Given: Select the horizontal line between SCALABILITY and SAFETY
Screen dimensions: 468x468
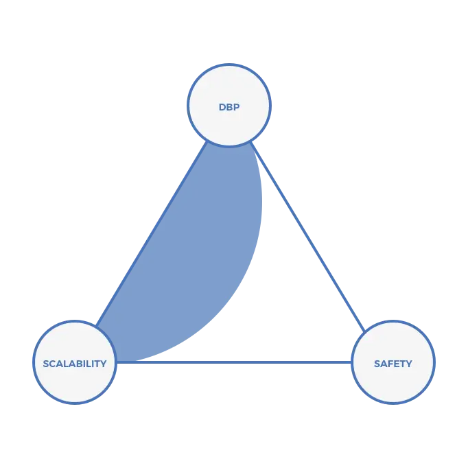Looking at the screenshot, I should (233, 361).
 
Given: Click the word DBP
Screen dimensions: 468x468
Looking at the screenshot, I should (229, 107).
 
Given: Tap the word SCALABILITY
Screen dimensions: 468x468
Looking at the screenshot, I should (74, 364).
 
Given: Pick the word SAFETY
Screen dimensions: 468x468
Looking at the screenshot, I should (393, 364).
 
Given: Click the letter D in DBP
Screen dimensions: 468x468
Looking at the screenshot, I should (222, 107).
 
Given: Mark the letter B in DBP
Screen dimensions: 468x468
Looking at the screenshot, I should (229, 107).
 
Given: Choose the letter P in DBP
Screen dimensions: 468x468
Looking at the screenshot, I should (237, 107).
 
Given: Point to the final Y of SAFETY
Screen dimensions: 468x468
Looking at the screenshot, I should (410, 364).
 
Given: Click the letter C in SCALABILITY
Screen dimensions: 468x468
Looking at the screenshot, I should (52, 364).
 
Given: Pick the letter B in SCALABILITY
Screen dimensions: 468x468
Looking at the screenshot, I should (76, 364).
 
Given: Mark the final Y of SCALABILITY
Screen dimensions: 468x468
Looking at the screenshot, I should (104, 364).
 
